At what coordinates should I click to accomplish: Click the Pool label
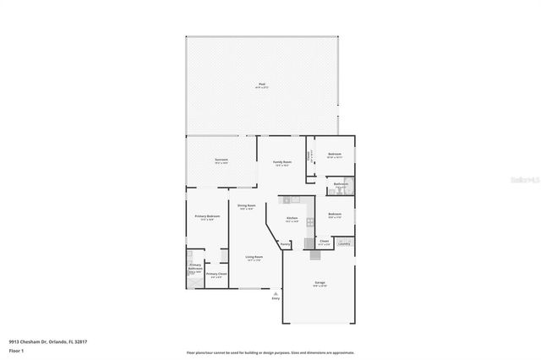(x=261, y=84)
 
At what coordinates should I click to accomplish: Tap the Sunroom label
(x=221, y=160)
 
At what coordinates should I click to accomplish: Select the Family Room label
(x=281, y=162)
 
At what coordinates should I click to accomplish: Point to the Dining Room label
(x=247, y=206)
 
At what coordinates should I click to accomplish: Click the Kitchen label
(x=292, y=219)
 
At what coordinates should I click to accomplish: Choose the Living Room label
(x=254, y=258)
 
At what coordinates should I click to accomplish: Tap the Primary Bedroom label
(x=207, y=217)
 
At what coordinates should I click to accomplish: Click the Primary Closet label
(x=216, y=274)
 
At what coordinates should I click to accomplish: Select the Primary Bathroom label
(x=195, y=269)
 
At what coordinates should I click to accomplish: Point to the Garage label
(x=320, y=284)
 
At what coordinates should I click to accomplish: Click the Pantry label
(x=286, y=244)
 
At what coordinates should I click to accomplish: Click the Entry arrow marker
(x=275, y=292)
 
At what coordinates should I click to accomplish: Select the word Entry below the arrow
(x=275, y=298)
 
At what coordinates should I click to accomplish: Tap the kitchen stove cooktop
(x=311, y=221)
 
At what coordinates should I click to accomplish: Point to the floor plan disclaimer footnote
(x=270, y=352)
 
